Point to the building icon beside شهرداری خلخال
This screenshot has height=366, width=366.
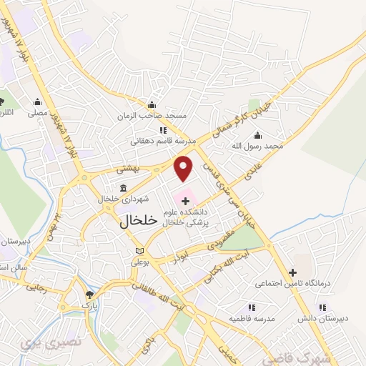coord(124,188)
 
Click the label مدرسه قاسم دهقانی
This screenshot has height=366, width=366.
coord(159,142)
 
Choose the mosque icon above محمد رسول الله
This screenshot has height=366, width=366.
coord(257,135)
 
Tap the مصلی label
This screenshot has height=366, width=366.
coord(37,112)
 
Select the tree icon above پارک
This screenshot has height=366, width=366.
coord(89,295)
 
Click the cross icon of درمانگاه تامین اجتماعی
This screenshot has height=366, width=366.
coord(292,272)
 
